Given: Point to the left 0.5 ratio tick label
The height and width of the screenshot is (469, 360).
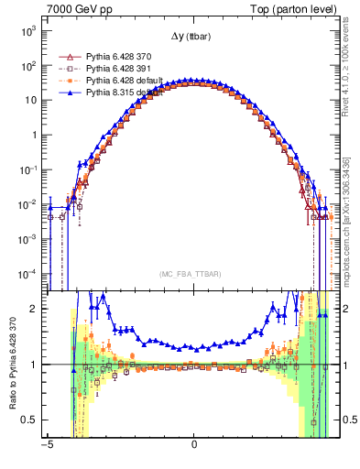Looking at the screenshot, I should click(x=27, y=420).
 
